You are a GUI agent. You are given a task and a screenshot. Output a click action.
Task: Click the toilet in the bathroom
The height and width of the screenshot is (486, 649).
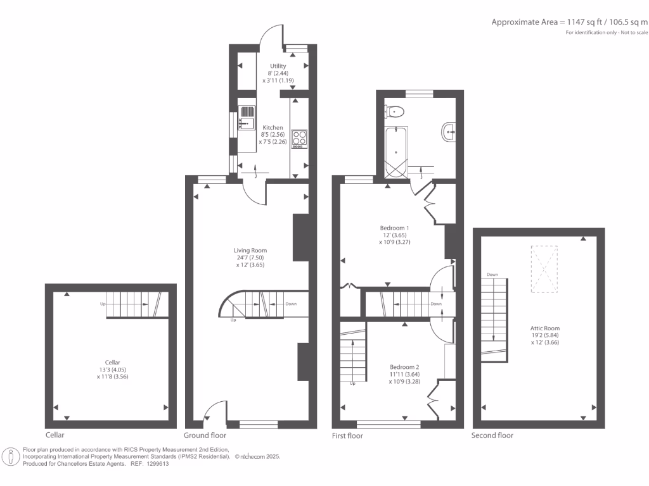click(x=395, y=112)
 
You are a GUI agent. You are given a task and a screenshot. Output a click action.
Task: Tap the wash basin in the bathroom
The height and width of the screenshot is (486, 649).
click(x=447, y=132)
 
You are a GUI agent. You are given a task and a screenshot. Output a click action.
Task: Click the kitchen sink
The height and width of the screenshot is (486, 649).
click(x=246, y=118)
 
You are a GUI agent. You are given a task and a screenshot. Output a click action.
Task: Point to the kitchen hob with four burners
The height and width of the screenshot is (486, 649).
click(x=299, y=138)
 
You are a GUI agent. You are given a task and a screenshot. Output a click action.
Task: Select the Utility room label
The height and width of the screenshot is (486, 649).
click(x=278, y=66)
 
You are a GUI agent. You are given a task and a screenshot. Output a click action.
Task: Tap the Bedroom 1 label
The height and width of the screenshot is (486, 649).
click(x=394, y=228)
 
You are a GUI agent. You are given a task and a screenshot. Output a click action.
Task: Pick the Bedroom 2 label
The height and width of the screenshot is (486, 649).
click(x=404, y=367)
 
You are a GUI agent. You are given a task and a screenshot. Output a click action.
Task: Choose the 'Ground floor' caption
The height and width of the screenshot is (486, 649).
click(x=205, y=435)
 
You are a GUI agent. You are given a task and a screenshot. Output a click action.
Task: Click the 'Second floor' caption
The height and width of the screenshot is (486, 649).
click(x=492, y=435)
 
